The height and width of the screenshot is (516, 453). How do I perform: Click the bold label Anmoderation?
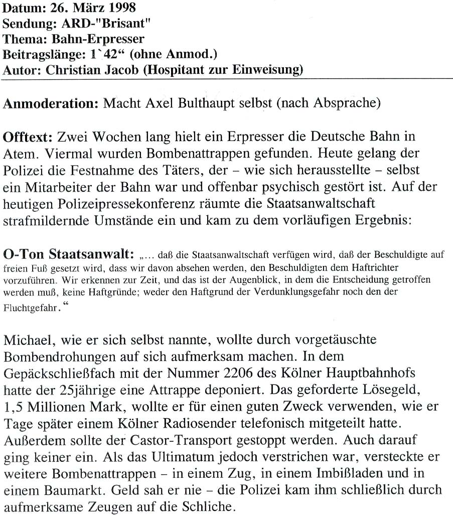[51, 105]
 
